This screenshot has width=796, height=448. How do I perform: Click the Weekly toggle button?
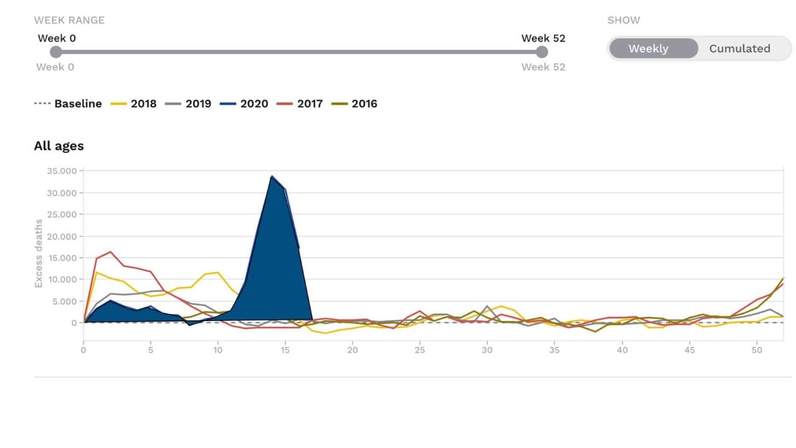648,49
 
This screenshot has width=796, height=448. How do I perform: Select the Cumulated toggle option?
739,49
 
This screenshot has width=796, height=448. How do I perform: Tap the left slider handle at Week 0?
56,52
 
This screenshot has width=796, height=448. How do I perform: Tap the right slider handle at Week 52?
542,52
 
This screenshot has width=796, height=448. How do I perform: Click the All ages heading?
58,146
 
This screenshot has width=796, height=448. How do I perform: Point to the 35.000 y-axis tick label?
61,171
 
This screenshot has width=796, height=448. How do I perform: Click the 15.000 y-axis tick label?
61,258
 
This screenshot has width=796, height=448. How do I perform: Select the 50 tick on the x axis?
757,350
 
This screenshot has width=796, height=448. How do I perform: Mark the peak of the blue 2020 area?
272,176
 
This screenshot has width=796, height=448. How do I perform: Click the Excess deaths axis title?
39,253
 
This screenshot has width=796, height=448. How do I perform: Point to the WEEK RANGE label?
69,20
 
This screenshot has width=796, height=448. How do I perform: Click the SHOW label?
623,20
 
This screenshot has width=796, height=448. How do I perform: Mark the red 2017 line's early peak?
110,252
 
